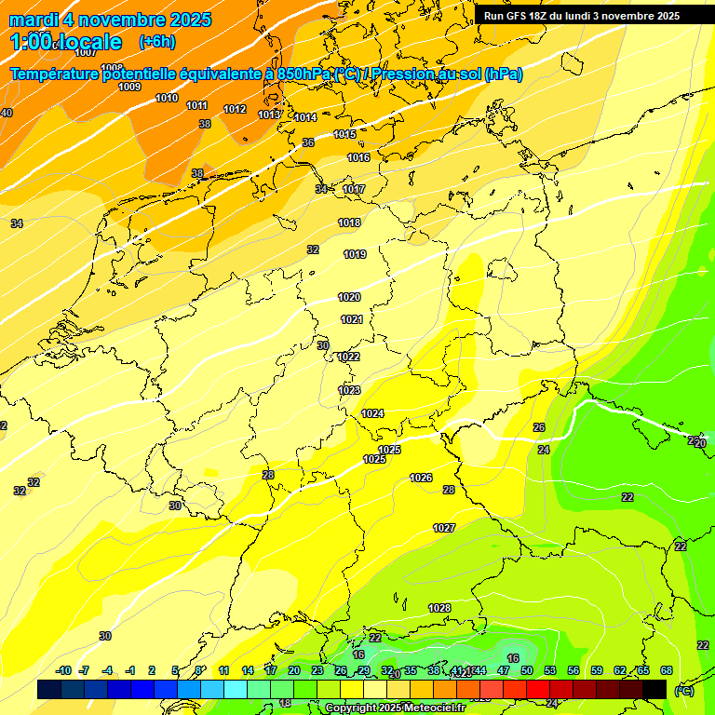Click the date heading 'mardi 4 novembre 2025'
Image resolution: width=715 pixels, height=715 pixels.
click(x=110, y=20)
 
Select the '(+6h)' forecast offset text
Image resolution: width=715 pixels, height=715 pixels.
click(x=156, y=42)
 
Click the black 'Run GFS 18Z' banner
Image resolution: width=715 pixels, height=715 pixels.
click(x=593, y=16)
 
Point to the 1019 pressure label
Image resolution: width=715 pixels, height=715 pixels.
click(x=355, y=254)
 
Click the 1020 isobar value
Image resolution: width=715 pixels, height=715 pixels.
click(x=349, y=297)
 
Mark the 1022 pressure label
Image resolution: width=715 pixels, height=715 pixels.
click(x=348, y=357)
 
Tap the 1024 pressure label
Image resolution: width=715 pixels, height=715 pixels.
click(x=372, y=412)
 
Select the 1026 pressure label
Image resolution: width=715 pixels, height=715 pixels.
click(x=421, y=478)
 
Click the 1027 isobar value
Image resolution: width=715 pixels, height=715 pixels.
click(x=444, y=528)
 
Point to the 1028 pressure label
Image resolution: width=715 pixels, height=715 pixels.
click(x=439, y=608)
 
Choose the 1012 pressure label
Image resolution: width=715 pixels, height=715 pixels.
click(x=235, y=109)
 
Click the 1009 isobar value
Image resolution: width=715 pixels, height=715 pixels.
click(x=129, y=87)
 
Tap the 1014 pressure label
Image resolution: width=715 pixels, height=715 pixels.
click(x=305, y=117)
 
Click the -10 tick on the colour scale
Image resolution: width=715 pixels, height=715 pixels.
click(x=63, y=670)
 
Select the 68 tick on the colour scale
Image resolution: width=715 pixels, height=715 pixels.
click(x=667, y=670)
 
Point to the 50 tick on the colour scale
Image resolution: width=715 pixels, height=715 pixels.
click(x=527, y=670)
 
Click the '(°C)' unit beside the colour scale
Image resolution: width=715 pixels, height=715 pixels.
click(x=684, y=690)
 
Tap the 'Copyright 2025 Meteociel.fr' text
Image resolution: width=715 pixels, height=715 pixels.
click(x=395, y=708)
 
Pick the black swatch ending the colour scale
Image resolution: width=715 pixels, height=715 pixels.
click(x=654, y=689)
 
